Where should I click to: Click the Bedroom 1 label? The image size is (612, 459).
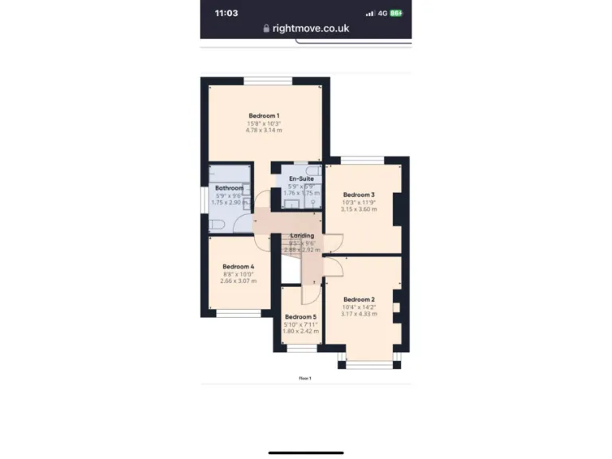264,116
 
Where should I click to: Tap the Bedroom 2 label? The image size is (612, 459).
359,300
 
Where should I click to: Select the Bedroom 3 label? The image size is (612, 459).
359,194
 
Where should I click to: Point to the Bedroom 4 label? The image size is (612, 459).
238,266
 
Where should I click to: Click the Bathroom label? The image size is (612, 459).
229,188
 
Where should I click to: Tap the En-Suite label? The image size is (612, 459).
300,178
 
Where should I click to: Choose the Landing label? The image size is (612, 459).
302,236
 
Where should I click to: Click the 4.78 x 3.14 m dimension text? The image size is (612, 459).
264,130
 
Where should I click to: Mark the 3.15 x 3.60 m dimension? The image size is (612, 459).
359,209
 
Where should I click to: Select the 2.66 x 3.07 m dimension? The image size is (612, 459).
238,280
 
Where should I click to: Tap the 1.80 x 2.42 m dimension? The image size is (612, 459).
300,331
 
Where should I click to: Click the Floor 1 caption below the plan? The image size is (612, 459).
305,378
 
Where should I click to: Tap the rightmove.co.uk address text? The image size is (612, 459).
311,29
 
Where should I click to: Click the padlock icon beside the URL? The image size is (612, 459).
266,29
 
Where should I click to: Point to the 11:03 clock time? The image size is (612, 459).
226,13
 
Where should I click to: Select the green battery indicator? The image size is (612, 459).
395,13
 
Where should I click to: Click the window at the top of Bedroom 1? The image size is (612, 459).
268,80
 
